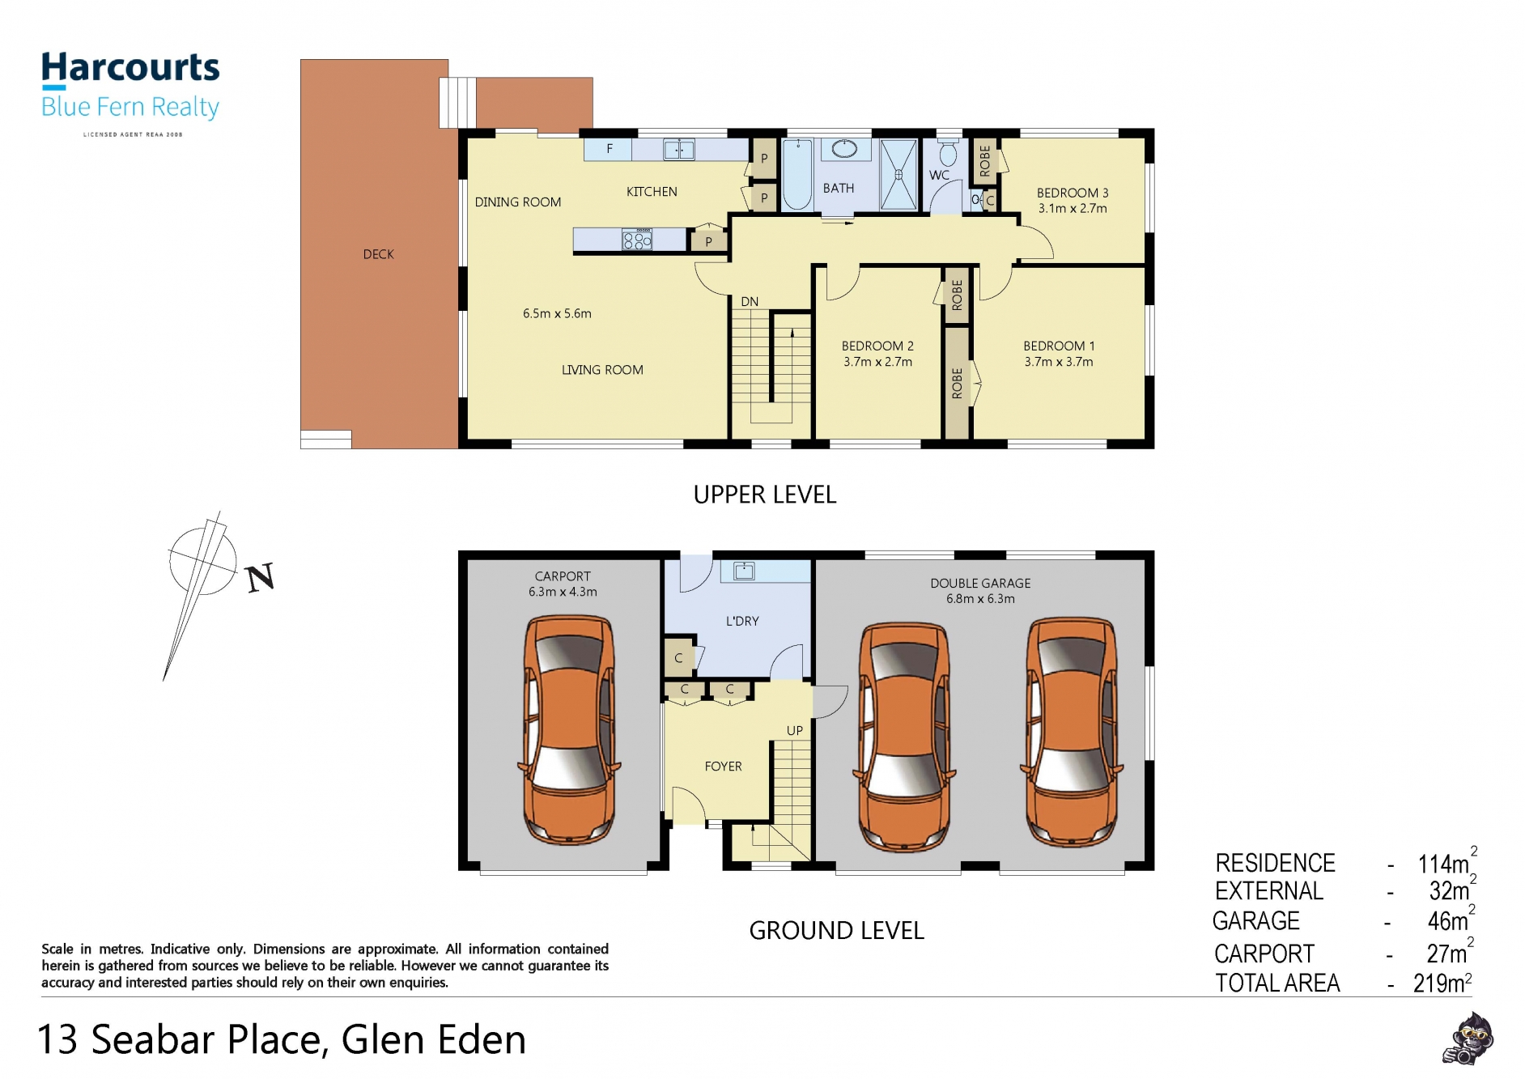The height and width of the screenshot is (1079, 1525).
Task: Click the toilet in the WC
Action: pos(948,153)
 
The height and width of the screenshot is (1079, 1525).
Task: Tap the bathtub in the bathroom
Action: pos(797,174)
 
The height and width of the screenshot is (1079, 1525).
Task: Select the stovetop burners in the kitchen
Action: pos(637,240)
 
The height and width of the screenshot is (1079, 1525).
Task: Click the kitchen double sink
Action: pos(678,150)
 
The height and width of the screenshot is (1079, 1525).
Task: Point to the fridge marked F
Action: pos(609,149)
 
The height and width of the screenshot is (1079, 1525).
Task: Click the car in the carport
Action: pos(568,729)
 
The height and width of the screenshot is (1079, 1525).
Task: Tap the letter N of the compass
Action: pos(261,578)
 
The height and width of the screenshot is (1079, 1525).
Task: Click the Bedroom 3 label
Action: pos(1073,193)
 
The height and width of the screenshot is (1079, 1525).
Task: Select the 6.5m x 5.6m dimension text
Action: pos(557,313)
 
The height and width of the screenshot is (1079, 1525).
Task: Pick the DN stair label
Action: pos(750,302)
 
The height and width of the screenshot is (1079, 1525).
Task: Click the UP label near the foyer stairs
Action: pos(795,730)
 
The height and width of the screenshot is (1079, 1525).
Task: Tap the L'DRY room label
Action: pos(742,621)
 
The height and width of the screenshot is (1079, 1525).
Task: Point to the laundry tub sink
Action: pos(744,571)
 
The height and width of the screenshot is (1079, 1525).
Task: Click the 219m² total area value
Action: pos(1442,983)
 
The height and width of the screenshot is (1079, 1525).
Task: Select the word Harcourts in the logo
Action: pos(130,68)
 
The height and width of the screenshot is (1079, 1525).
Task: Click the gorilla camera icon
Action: pos(1468,1039)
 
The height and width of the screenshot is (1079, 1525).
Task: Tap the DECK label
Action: pos(378,254)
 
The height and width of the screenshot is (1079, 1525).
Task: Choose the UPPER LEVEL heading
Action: pos(765,495)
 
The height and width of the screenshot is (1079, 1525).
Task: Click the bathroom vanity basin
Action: pos(844,149)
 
